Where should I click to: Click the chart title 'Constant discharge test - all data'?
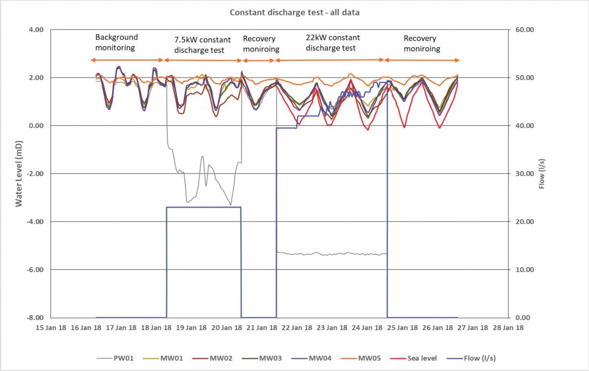[x=294, y=12]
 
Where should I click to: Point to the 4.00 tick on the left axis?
[x=35, y=30]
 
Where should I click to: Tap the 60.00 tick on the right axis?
[x=525, y=30]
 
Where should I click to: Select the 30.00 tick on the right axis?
[x=525, y=174]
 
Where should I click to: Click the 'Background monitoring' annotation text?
[x=116, y=43]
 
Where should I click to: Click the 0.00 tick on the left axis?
[x=35, y=126]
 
